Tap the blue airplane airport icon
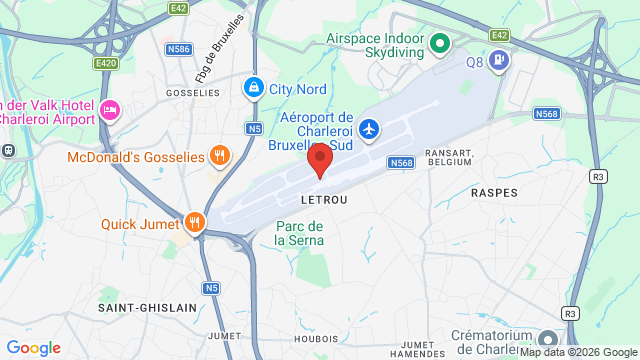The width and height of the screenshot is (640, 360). (370, 129)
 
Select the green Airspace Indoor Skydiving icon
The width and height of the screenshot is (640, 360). (438, 44)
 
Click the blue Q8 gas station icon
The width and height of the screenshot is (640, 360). (501, 60)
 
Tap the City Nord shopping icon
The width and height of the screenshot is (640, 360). (254, 87)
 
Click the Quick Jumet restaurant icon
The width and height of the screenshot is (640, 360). (194, 222)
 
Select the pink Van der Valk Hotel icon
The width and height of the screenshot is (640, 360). (111, 107)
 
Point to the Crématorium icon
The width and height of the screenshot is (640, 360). (548, 339)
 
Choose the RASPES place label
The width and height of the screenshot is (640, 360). (494, 189)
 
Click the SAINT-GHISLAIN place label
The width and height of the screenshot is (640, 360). (148, 308)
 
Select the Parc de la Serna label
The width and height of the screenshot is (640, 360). (297, 233)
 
